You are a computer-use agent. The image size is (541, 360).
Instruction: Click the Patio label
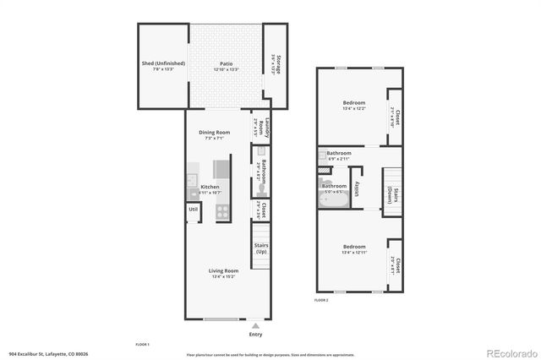pos(226,63)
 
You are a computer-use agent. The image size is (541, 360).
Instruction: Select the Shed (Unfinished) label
pos(162,63)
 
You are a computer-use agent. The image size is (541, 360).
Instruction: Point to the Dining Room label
pos(214,133)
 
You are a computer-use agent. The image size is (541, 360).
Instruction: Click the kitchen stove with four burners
pos(222,212)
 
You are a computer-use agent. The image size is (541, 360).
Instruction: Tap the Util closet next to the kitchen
pos(193,209)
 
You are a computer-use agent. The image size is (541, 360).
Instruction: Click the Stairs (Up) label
pos(261,249)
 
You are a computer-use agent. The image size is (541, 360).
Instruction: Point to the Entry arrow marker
pos(255,325)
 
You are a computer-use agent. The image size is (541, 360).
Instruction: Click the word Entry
pos(255,334)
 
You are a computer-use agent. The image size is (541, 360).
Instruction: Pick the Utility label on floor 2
pos(358,188)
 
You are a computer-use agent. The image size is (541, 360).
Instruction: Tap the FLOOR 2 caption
pos(321,300)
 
